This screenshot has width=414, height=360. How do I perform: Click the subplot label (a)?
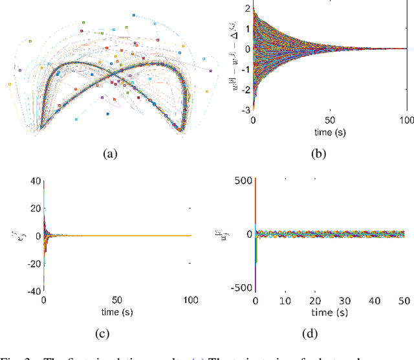[111, 153]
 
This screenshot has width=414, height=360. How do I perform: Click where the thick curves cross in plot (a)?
[113, 73]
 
